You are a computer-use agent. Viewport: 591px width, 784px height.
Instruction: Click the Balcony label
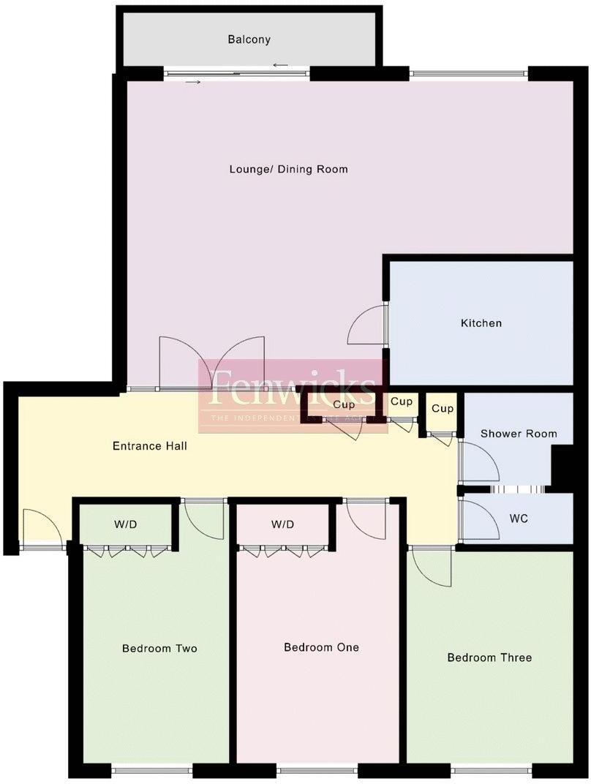[x=249, y=39]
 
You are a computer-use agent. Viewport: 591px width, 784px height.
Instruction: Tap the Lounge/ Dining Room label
[x=288, y=169]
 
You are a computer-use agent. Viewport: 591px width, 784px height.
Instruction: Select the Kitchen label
[x=481, y=323]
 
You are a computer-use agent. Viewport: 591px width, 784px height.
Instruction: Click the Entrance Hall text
[x=149, y=445]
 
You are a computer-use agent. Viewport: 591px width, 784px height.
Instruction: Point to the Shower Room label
[x=518, y=434]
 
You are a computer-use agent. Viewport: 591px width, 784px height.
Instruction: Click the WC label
[x=519, y=519]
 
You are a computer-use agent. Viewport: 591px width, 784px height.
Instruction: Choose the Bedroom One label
[x=321, y=647]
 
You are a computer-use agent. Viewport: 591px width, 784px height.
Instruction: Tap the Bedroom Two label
[x=159, y=648]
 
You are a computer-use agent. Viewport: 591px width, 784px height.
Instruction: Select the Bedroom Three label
[x=489, y=657]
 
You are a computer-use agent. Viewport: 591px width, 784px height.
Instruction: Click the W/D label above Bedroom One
[x=282, y=524]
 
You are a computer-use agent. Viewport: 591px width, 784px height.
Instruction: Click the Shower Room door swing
[x=479, y=461]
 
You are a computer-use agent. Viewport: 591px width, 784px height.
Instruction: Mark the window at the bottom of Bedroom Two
[x=152, y=769]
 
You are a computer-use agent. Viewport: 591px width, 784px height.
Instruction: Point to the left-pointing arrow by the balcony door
[x=280, y=66]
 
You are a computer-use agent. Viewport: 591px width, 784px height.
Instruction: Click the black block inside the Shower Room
[x=562, y=466]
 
